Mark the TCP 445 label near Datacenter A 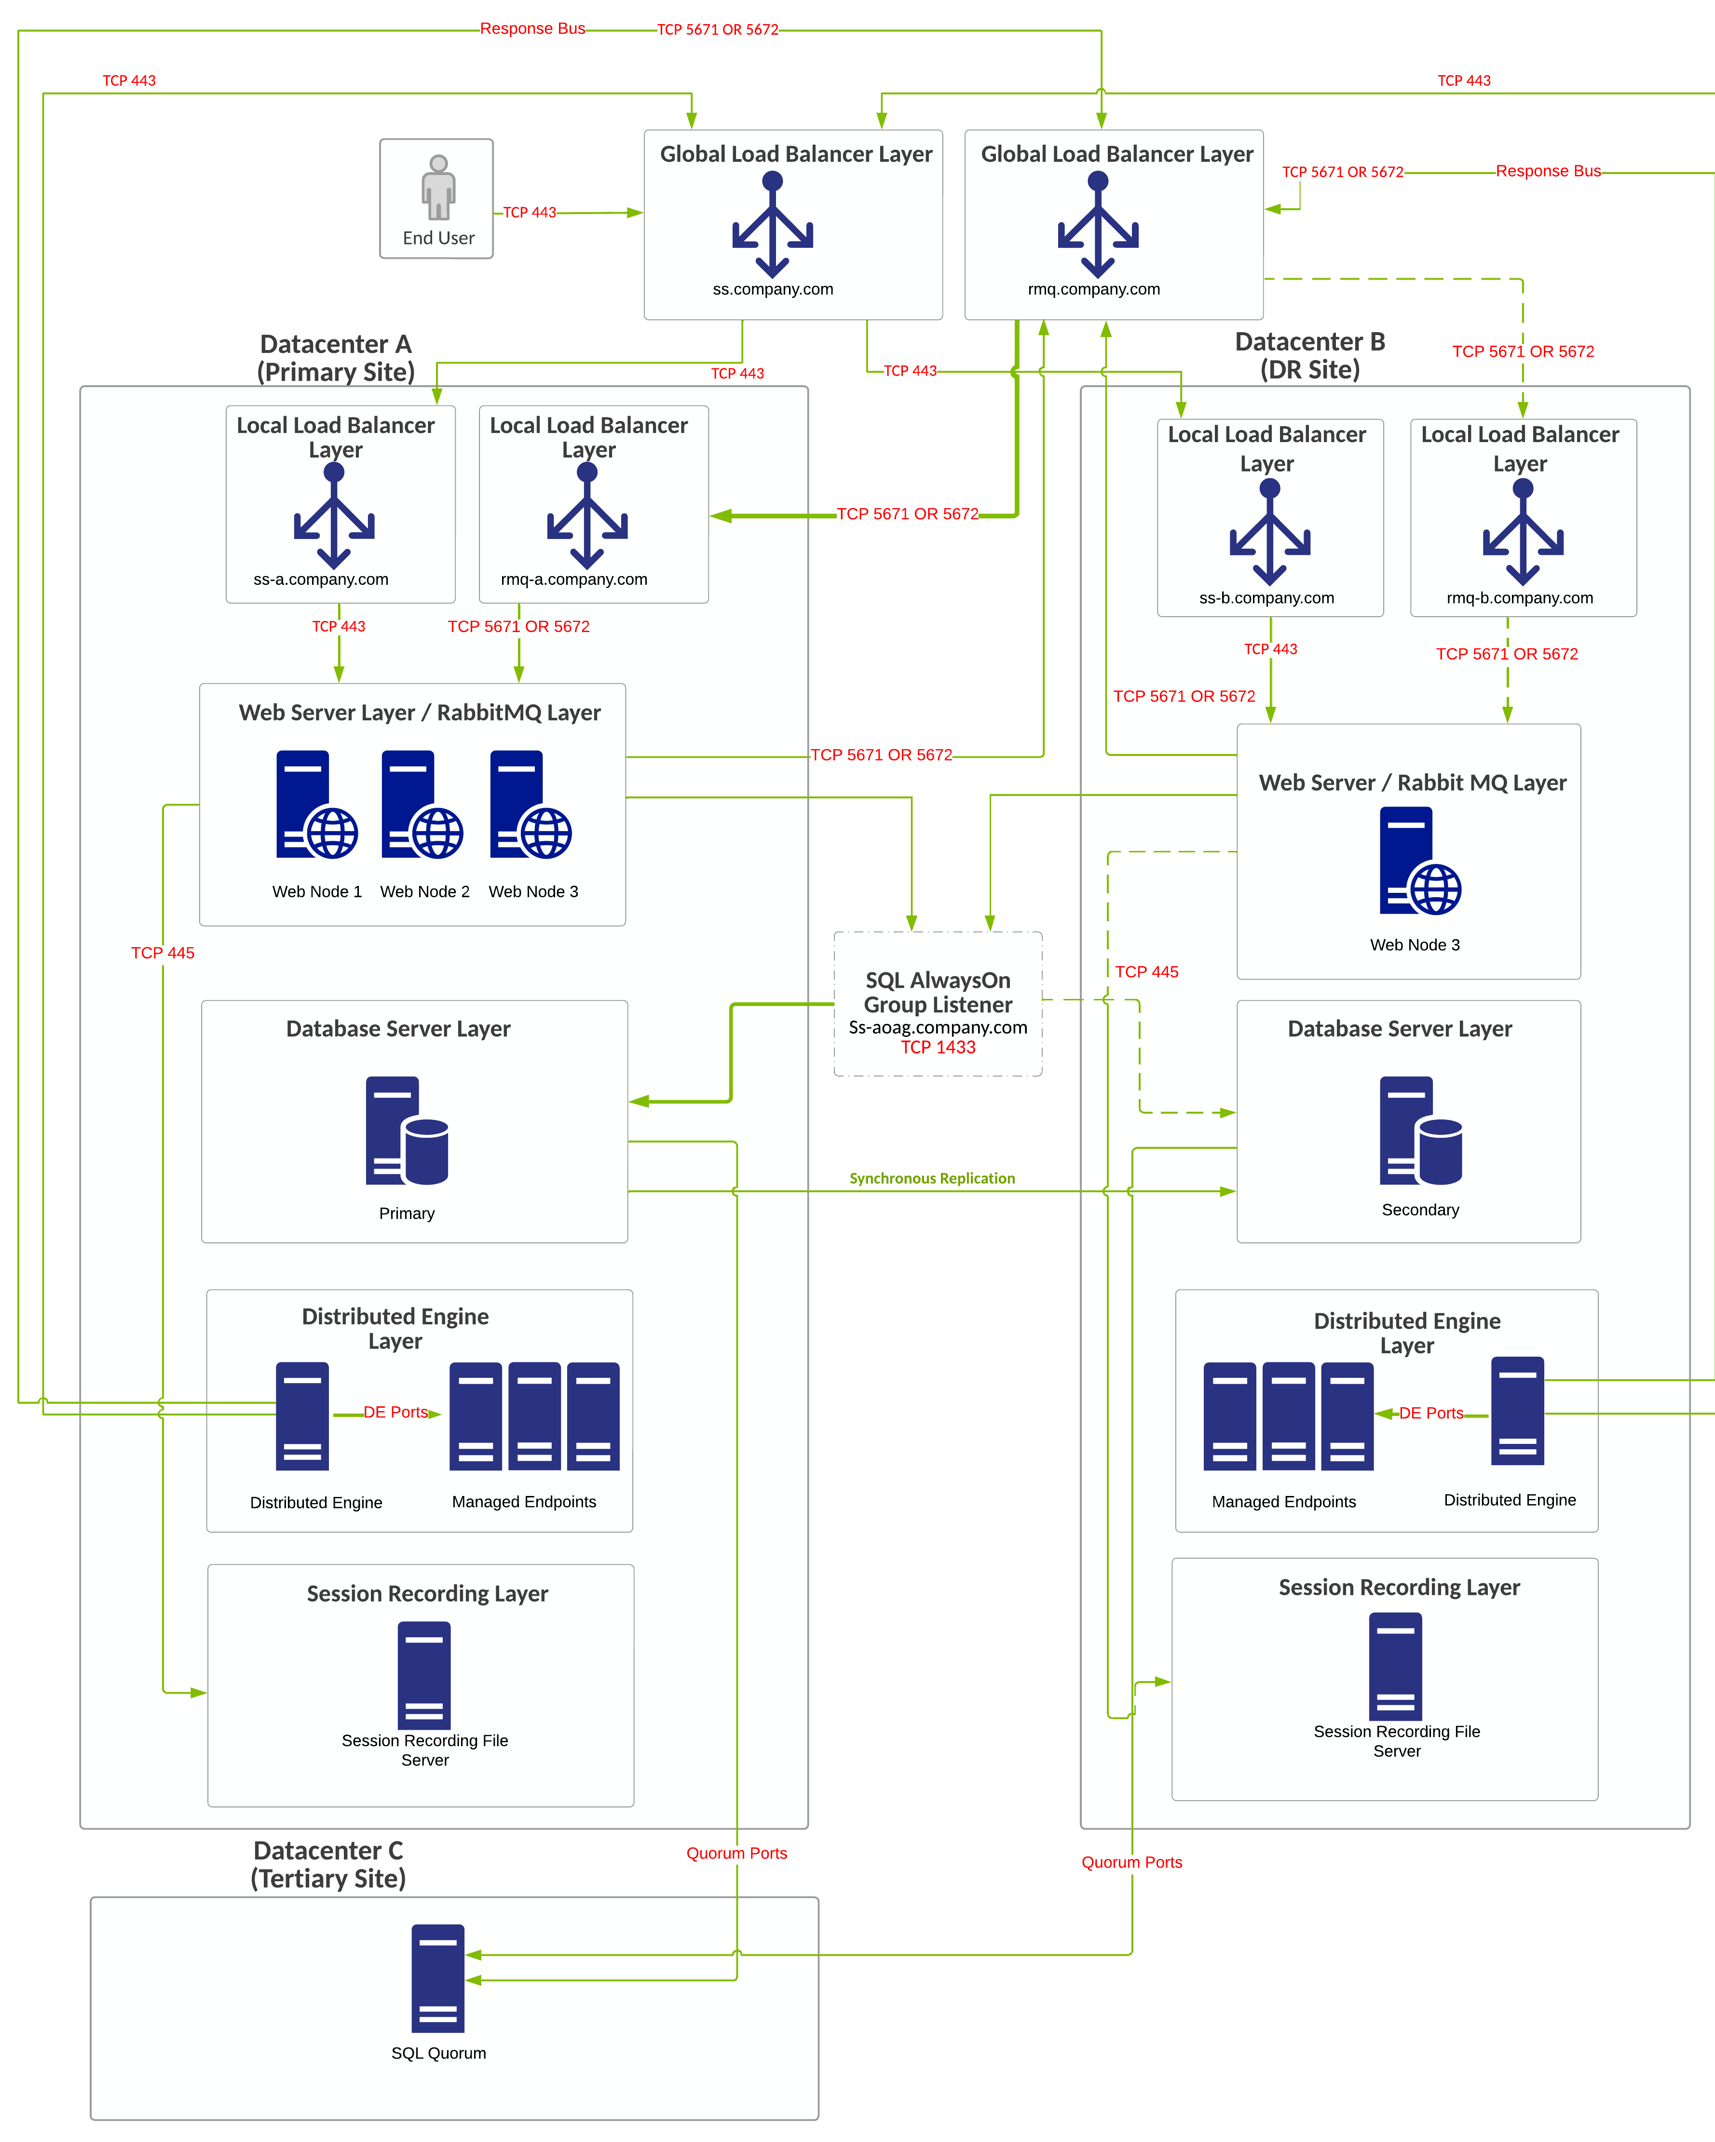[x=163, y=953]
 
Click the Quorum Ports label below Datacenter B [x=1132, y=1863]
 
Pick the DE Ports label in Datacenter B [x=1431, y=1413]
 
